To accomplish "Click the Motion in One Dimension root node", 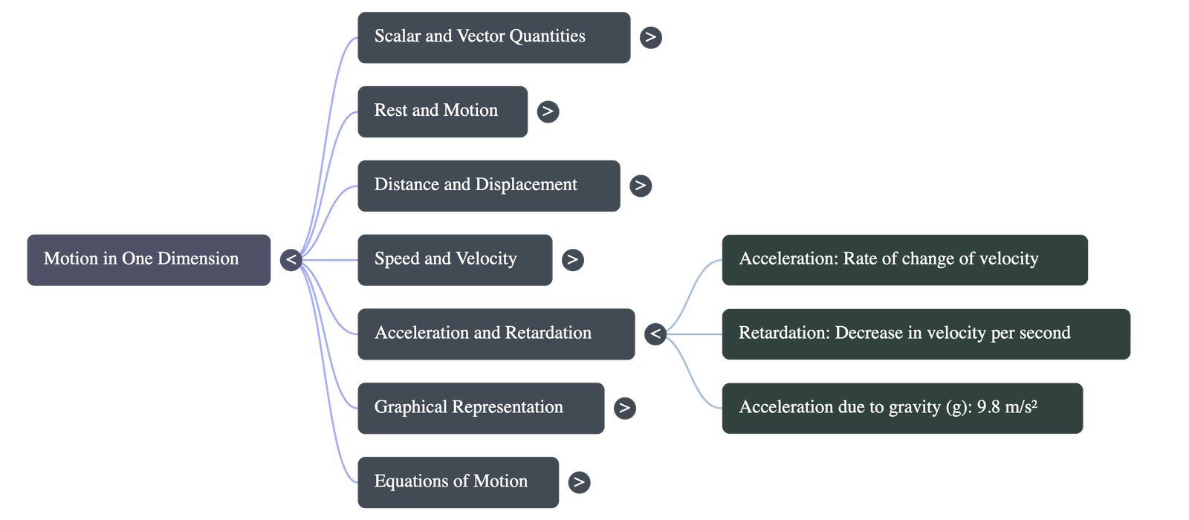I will click(x=149, y=259).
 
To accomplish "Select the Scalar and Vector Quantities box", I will click(x=493, y=37).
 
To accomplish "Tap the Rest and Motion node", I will click(x=442, y=111).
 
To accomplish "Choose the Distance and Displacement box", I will click(x=488, y=185).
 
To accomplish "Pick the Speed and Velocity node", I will click(x=454, y=259).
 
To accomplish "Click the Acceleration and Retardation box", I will click(x=496, y=334).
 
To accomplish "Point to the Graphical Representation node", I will click(x=480, y=408).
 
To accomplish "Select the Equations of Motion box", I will click(x=458, y=482).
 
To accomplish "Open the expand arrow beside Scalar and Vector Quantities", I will click(x=650, y=37).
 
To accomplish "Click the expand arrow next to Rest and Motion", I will click(x=548, y=111).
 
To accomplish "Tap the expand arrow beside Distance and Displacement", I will click(x=640, y=185).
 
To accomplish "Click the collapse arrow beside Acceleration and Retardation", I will click(x=655, y=334).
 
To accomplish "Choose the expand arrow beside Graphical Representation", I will click(x=624, y=408).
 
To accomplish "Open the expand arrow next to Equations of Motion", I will click(x=579, y=482).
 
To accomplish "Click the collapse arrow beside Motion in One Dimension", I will click(x=291, y=259).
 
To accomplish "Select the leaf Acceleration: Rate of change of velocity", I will click(x=904, y=259).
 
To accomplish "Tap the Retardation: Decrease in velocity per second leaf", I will click(x=925, y=334).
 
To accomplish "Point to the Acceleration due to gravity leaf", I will click(x=901, y=408).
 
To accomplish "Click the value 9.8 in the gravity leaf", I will click(x=988, y=407).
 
